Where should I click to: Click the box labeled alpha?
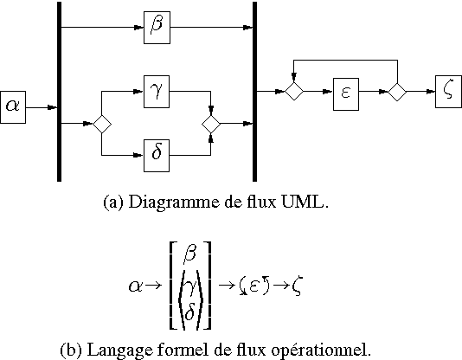click(x=13, y=106)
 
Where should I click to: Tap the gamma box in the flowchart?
click(x=157, y=89)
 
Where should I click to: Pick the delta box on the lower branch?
click(x=157, y=157)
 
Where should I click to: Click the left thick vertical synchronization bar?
click(x=59, y=91)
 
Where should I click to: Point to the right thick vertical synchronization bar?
click(x=254, y=91)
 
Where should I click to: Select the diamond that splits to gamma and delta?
click(x=102, y=124)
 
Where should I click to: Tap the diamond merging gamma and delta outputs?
click(x=211, y=124)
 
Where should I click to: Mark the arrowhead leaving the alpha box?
click(x=53, y=107)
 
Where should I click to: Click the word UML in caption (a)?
click(x=310, y=203)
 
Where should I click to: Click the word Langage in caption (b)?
click(x=113, y=350)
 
